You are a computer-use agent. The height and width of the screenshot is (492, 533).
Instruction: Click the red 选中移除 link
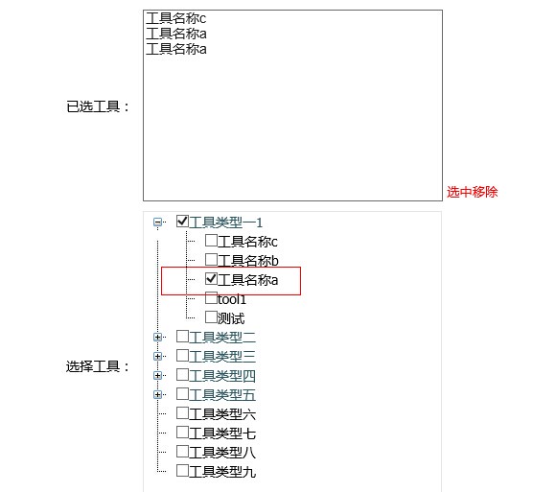point(472,192)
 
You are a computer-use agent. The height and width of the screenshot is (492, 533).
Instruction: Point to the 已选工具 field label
point(98,106)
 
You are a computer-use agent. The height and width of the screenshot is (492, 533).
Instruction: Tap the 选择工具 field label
point(98,366)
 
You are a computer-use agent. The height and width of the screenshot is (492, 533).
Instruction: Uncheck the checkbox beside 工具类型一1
point(182,221)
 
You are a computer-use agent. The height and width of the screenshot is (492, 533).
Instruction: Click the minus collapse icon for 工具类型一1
point(157,223)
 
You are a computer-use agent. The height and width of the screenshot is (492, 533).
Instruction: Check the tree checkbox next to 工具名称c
point(211,241)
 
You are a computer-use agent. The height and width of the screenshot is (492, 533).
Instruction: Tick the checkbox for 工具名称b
point(211,260)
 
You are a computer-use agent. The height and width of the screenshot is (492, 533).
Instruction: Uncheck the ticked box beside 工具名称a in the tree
point(211,278)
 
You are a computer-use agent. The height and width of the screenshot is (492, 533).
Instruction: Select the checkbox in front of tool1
point(211,298)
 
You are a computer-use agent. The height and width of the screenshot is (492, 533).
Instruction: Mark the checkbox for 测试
point(211,316)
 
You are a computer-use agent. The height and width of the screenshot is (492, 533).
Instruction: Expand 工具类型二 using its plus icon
point(157,337)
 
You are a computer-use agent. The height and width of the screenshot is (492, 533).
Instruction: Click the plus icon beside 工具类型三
point(157,356)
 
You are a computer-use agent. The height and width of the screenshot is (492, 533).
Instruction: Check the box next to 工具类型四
point(182,374)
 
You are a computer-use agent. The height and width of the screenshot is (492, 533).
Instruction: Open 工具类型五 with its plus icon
point(157,394)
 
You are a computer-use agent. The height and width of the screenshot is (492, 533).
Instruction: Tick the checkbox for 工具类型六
point(182,412)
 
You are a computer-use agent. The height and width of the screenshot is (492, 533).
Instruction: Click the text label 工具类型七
point(222,433)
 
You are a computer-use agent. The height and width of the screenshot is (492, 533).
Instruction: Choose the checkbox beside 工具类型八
point(182,451)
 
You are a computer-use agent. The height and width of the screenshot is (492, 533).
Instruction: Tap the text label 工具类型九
point(222,472)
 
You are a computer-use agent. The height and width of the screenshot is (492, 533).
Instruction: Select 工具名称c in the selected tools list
point(176,18)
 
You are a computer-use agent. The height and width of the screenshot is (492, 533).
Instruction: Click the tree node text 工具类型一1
point(225,223)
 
